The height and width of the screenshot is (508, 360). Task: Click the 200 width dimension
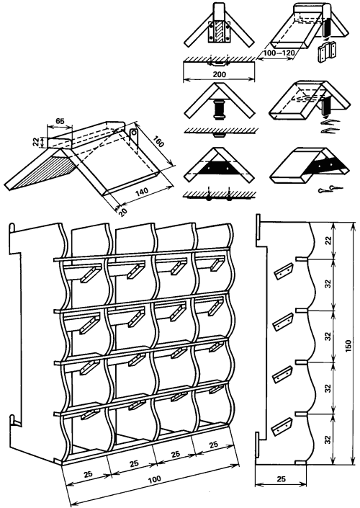[x=219, y=74]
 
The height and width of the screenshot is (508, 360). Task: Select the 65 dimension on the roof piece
[x=59, y=121]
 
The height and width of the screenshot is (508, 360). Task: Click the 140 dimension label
[x=142, y=191]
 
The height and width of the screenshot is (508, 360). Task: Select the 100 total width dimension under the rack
[x=155, y=479]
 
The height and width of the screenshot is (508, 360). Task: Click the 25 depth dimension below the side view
[x=282, y=478]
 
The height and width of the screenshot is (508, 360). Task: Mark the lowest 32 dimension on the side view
[x=328, y=439]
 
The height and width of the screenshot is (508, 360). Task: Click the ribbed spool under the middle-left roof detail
[x=219, y=110]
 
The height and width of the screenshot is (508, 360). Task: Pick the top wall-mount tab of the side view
[x=258, y=226]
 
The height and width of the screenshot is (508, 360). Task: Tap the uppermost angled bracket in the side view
[x=284, y=271]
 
